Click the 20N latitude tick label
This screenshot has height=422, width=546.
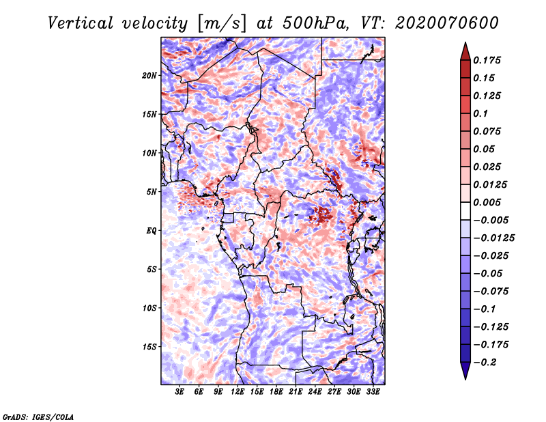(x=149, y=76)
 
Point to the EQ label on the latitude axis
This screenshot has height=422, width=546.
(x=152, y=231)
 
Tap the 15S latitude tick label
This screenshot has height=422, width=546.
(x=149, y=347)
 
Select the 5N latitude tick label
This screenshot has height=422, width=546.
(x=152, y=192)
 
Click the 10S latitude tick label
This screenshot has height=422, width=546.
(x=149, y=308)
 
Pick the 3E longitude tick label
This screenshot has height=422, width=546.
(x=179, y=391)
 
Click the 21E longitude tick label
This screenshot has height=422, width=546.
(x=296, y=391)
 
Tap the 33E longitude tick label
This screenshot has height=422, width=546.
(x=373, y=391)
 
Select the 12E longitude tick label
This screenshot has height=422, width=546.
(x=238, y=391)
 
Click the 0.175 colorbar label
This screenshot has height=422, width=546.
(x=487, y=60)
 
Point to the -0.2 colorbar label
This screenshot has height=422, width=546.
(x=485, y=363)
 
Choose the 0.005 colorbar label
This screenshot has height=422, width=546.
(x=487, y=202)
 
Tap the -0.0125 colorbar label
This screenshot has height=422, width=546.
(x=493, y=238)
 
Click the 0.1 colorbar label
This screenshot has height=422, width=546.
(x=480, y=113)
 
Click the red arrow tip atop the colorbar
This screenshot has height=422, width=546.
(x=465, y=42)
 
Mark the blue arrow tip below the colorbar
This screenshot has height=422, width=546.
(x=465, y=380)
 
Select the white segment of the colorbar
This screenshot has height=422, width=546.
(x=465, y=211)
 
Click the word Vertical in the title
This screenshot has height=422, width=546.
(x=81, y=23)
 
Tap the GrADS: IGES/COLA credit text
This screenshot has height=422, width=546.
(x=38, y=417)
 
